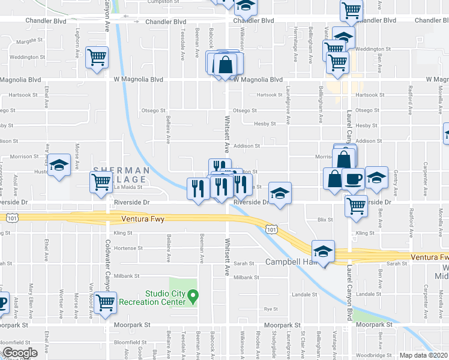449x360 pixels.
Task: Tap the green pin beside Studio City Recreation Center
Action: coord(193,295)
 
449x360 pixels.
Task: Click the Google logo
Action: coord(19,353)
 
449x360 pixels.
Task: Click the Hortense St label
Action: coord(128,248)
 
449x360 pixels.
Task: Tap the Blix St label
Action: coord(325,220)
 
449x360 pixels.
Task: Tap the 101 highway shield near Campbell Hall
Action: coord(271,229)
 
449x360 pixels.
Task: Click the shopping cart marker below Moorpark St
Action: coord(106,302)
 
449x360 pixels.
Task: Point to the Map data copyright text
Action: coord(424,355)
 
